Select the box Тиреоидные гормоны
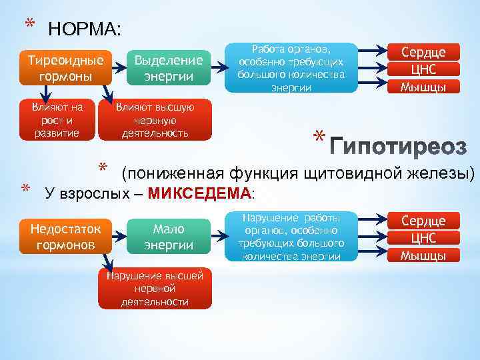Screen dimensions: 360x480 tap(66, 68)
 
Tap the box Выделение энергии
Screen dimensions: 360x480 tap(169, 68)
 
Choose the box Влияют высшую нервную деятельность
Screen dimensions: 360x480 tap(155, 120)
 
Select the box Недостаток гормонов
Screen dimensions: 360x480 tap(66, 237)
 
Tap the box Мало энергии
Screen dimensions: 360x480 tap(169, 237)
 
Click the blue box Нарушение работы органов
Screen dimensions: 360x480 tap(291, 237)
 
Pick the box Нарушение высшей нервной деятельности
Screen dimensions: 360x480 tap(155, 288)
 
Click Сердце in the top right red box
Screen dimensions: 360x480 tap(422, 52)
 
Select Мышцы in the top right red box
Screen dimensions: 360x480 tap(422, 87)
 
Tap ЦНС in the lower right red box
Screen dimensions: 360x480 tap(422, 238)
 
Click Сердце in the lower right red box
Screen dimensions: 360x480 tap(422, 221)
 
